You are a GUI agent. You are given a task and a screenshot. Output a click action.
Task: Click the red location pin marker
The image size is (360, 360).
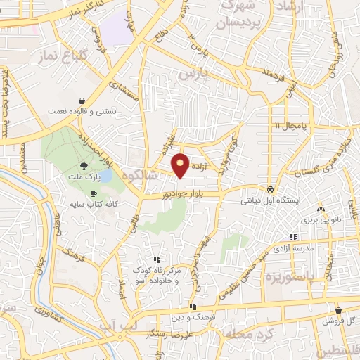point(181,165)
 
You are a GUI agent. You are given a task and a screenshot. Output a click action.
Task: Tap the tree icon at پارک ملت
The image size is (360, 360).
point(84,166)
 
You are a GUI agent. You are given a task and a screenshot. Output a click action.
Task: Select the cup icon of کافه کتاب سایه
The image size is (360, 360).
point(94,193)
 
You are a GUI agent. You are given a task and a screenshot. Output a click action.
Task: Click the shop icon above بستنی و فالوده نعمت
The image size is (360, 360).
point(83,101)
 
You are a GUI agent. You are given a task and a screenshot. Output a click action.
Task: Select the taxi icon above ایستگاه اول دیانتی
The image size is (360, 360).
point(271,189)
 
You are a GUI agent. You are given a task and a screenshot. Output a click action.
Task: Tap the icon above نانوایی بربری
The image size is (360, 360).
point(321,209)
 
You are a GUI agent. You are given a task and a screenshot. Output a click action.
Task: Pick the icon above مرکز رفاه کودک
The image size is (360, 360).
point(156,259)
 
